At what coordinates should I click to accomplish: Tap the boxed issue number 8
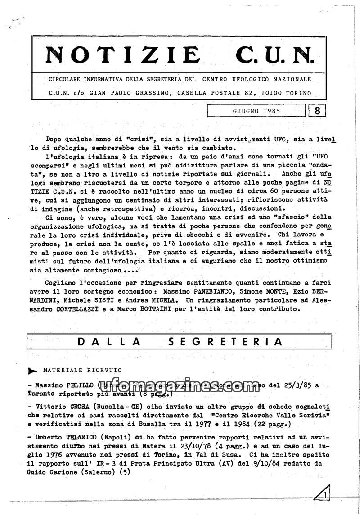click(318, 111)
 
